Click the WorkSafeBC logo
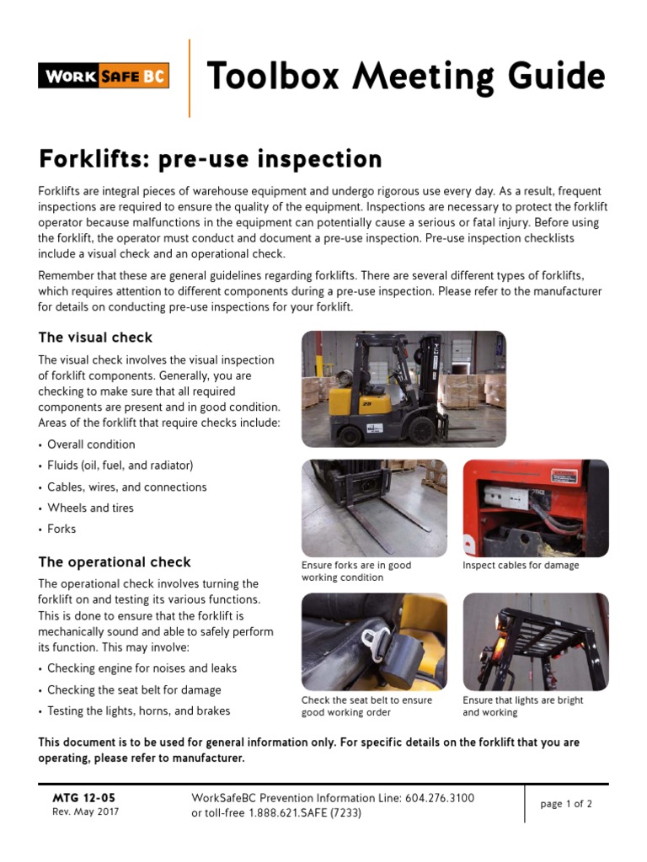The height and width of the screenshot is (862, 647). (x=104, y=76)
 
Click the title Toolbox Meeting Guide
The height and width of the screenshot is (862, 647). (x=405, y=77)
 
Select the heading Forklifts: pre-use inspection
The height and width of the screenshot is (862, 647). (x=198, y=158)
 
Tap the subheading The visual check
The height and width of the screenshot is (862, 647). (x=95, y=338)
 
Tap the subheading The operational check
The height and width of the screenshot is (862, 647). (x=115, y=562)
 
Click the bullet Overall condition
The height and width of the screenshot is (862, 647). (x=91, y=444)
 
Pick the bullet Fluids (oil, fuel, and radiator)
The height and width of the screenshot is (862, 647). (x=120, y=466)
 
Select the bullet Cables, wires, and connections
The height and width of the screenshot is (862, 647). (x=126, y=487)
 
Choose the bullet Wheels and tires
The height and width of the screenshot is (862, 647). (x=90, y=508)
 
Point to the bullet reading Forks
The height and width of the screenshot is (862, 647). (x=61, y=529)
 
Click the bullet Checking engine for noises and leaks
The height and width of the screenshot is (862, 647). (x=142, y=668)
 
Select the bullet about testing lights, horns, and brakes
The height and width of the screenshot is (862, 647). (x=138, y=710)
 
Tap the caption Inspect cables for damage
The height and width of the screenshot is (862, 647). (x=521, y=566)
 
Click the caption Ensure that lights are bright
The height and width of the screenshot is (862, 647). (x=522, y=700)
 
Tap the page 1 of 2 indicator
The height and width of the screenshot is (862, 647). (x=566, y=804)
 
